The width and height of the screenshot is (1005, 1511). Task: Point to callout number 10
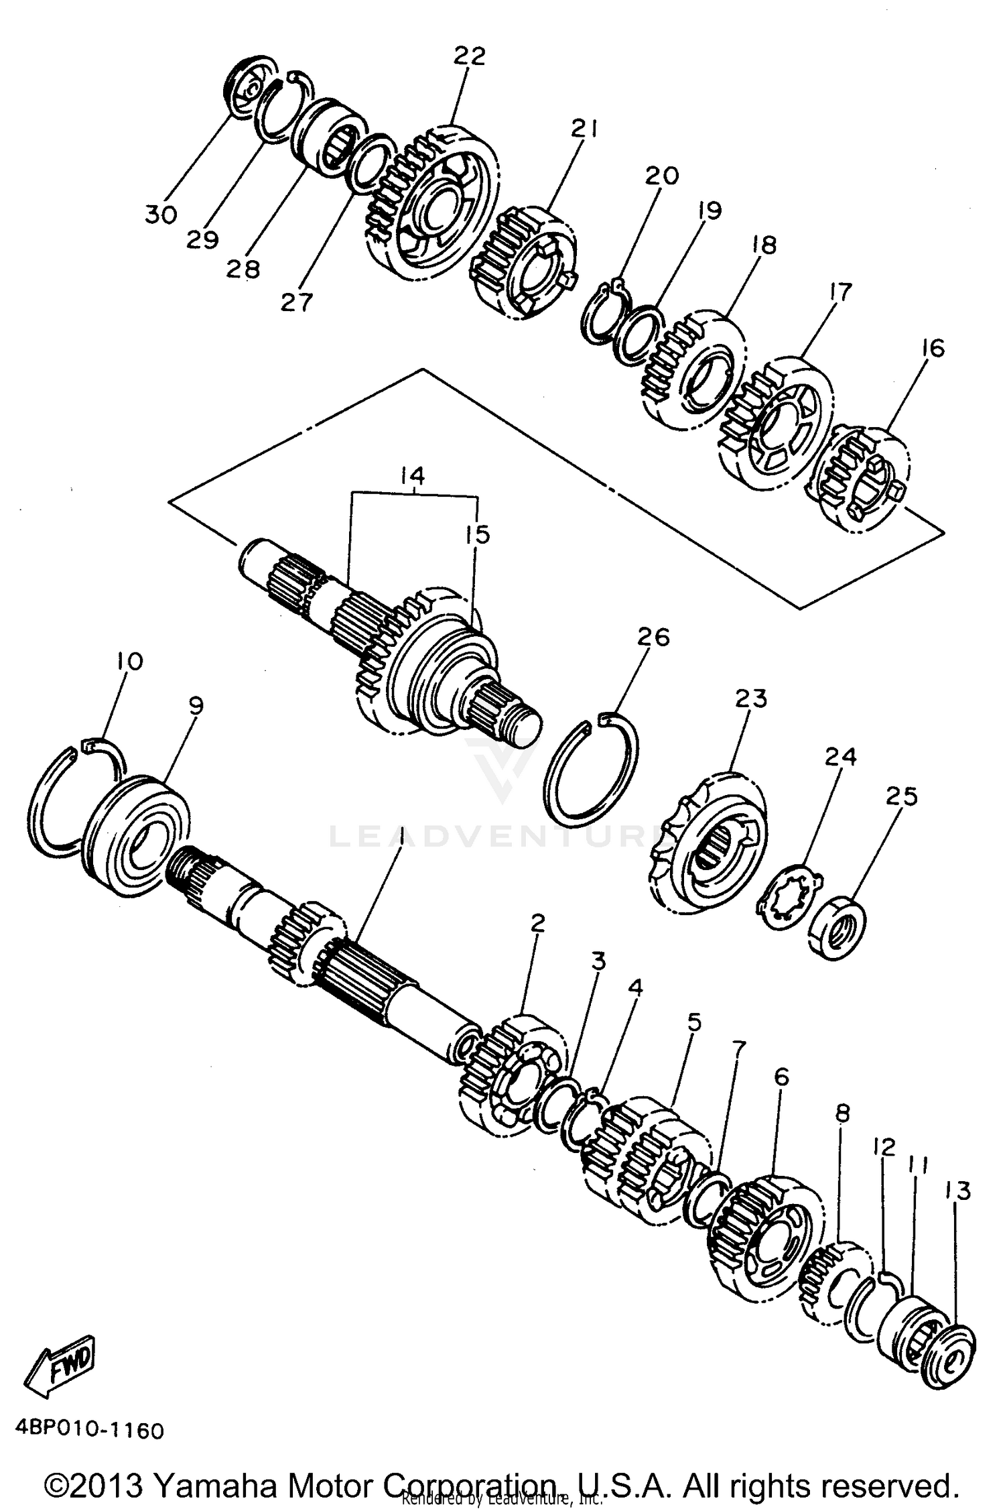[x=129, y=661]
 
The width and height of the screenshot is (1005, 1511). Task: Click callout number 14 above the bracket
[x=412, y=476]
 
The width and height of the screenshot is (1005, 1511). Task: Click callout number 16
[x=932, y=348]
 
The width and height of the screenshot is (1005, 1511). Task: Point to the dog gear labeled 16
[x=862, y=478]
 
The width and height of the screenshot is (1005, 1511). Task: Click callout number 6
[x=781, y=1077]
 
